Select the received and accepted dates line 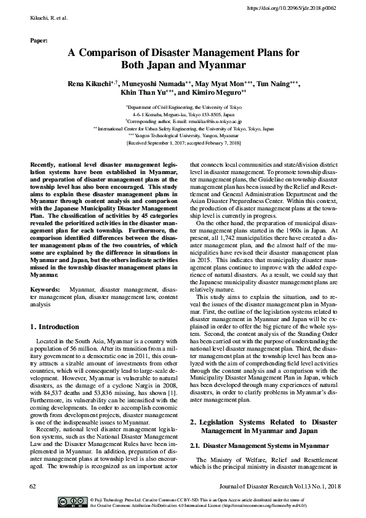tap(183, 142)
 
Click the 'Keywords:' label tap(45, 288)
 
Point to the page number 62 tap(33, 486)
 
